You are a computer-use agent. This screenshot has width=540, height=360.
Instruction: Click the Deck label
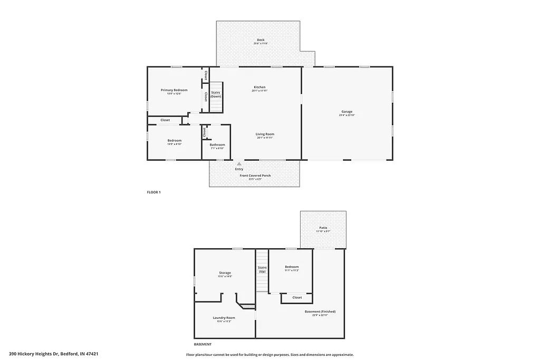[x=261, y=40]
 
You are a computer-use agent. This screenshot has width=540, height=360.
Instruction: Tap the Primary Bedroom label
[x=174, y=90]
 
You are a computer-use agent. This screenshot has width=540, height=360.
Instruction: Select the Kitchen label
[x=259, y=87]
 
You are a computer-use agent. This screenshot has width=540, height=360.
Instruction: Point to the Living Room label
[x=265, y=134]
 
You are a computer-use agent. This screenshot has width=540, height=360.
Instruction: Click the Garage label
[x=346, y=112]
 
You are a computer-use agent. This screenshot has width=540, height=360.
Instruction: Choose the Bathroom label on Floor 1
[x=217, y=145]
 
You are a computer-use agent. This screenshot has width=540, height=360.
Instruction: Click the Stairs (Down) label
[x=216, y=94]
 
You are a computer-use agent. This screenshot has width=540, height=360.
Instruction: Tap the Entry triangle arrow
[x=239, y=164]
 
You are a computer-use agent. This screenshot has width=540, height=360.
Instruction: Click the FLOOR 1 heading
[x=153, y=192]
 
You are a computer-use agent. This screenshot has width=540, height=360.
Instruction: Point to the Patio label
[x=323, y=228]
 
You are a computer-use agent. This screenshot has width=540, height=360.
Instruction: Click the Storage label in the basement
[x=225, y=273]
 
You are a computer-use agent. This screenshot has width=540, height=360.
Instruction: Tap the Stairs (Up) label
[x=262, y=269]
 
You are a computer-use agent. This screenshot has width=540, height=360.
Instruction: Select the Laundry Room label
[x=224, y=318]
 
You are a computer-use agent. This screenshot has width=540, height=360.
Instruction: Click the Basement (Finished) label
[x=320, y=312]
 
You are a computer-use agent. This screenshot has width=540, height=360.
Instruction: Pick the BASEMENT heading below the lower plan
[x=202, y=344]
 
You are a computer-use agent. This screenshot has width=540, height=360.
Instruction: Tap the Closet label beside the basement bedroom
[x=297, y=298]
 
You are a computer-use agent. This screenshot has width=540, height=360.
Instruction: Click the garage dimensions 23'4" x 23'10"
[x=346, y=115]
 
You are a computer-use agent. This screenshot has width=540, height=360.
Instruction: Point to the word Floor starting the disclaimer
[x=191, y=355]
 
